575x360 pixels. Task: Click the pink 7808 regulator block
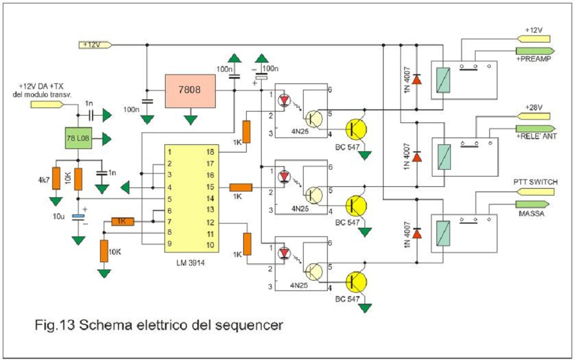tap(190, 91)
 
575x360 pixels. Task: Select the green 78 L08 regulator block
tap(78, 139)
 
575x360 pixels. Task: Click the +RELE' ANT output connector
tap(534, 128)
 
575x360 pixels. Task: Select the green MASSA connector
tap(534, 205)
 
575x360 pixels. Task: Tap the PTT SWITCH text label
tap(535, 182)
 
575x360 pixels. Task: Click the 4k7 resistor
tap(56, 178)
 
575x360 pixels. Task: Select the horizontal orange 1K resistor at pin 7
tap(121, 221)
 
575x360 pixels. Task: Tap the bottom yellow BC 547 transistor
tap(356, 282)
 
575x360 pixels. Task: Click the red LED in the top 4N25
tap(284, 100)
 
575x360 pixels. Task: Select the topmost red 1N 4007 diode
tap(417, 79)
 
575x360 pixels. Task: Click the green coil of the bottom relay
tap(444, 232)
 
